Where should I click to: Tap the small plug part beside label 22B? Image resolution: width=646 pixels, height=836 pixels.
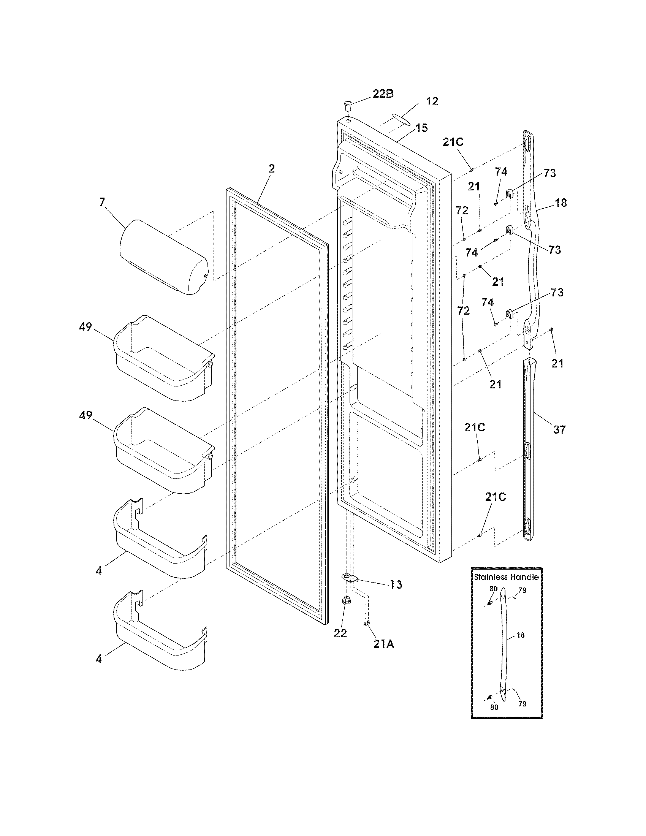tap(348, 105)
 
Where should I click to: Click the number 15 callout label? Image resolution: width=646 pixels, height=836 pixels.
tap(422, 128)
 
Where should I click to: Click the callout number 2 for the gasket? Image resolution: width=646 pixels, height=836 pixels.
tap(271, 169)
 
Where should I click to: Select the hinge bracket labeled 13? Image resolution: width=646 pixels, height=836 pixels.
tap(348, 578)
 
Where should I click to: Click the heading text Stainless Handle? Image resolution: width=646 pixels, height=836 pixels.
tap(506, 577)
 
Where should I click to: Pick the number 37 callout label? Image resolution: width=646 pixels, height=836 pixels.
tap(559, 429)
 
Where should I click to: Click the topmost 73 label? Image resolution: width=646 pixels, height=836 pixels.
tap(549, 173)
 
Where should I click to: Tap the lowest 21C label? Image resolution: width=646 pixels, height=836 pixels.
tap(496, 497)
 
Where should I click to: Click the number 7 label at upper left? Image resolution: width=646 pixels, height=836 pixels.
tap(102, 202)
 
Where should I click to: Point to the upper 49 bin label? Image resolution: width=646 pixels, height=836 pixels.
tap(85, 327)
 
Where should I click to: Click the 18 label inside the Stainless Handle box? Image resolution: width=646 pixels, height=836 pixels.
tap(521, 635)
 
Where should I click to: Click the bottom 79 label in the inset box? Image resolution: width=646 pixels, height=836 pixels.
tap(522, 703)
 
